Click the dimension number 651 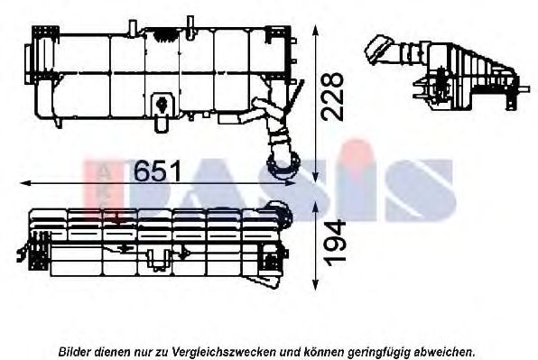click(x=157, y=171)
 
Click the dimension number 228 click(x=332, y=97)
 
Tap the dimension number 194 click(x=335, y=243)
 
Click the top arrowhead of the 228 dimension click(x=316, y=31)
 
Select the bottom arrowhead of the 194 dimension click(x=316, y=284)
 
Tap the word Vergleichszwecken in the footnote click(x=224, y=352)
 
